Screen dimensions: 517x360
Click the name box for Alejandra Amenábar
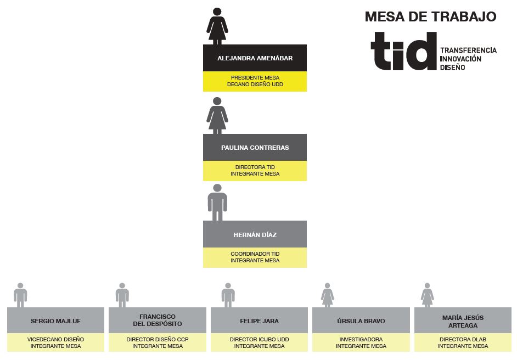255,58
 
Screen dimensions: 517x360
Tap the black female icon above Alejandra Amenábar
217,26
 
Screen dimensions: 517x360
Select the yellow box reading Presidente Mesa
255,81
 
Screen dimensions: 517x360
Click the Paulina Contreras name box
255,148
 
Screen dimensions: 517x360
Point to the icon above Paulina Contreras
217,116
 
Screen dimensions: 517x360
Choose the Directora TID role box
255,171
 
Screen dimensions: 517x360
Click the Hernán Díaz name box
255,234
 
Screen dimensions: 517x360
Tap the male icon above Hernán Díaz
217,203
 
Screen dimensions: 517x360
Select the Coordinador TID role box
255,257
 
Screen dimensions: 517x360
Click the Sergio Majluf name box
56,320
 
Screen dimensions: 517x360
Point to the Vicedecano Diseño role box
56,342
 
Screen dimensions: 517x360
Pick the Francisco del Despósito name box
158,320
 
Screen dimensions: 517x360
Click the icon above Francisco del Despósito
122,295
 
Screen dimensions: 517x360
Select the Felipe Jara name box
259,320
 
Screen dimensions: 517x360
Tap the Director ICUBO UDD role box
259,342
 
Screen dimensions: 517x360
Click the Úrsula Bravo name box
361,320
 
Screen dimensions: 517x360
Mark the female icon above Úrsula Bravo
328,295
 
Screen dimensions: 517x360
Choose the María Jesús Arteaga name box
463,320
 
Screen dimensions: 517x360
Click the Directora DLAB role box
463,342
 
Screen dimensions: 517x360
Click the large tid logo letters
404,51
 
